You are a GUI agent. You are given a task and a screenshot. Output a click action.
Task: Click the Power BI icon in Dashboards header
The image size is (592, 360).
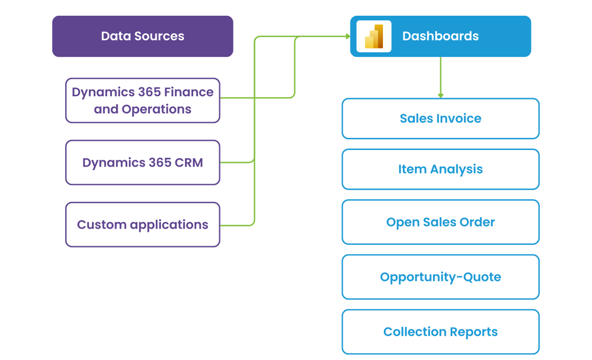pyautogui.click(x=373, y=36)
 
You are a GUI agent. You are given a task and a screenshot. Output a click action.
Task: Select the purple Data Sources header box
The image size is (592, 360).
pyautogui.click(x=142, y=36)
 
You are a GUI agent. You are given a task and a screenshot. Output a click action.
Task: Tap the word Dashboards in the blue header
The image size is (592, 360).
pyautogui.click(x=440, y=36)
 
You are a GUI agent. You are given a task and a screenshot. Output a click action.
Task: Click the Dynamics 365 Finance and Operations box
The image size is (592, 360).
pyautogui.click(x=142, y=100)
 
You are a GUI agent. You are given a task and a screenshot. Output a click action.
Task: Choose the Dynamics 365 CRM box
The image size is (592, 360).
pyautogui.click(x=142, y=162)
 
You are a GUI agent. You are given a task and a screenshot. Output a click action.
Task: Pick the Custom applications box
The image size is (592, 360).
pyautogui.click(x=142, y=224)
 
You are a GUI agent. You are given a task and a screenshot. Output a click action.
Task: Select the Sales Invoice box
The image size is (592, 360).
pyautogui.click(x=440, y=118)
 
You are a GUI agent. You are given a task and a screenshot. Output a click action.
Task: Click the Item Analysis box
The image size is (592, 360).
pyautogui.click(x=440, y=169)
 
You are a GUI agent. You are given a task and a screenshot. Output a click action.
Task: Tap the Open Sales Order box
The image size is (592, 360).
pyautogui.click(x=440, y=222)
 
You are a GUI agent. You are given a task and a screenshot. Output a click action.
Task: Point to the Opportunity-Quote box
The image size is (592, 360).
pyautogui.click(x=440, y=277)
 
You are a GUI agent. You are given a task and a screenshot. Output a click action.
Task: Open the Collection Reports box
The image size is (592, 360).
pyautogui.click(x=440, y=332)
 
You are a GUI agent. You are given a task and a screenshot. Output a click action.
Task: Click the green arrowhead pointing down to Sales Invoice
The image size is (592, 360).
pyautogui.click(x=440, y=96)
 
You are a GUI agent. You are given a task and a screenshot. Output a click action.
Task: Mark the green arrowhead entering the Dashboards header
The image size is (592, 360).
pyautogui.click(x=347, y=36)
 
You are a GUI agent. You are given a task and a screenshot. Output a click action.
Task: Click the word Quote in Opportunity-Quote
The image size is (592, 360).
pyautogui.click(x=483, y=277)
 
